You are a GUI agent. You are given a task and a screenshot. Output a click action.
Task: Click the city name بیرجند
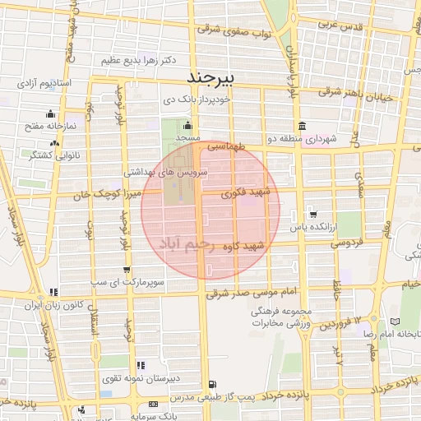coord(211,78)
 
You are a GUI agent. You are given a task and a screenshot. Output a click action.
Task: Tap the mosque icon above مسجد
coord(187,127)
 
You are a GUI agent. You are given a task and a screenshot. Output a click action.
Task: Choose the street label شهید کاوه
coord(264,245)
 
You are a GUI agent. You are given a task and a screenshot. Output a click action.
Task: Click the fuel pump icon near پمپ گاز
coord(212,384)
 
